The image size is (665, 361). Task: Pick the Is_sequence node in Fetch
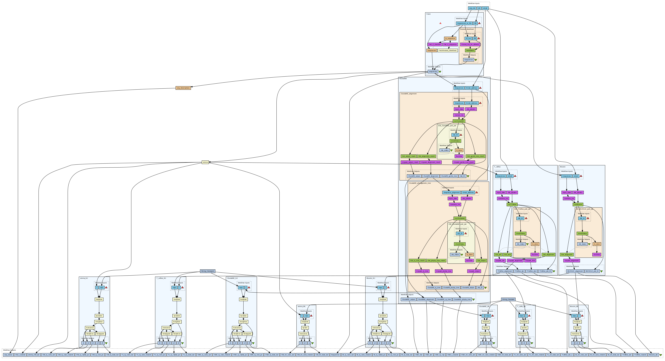(450, 38)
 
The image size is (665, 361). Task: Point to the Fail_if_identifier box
(434, 44)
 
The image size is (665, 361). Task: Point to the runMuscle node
(578, 205)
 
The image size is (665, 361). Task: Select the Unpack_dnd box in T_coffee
(530, 261)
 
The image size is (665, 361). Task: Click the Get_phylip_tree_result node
(436, 261)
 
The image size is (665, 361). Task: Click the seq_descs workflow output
(8, 355)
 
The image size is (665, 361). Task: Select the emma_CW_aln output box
(34, 355)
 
